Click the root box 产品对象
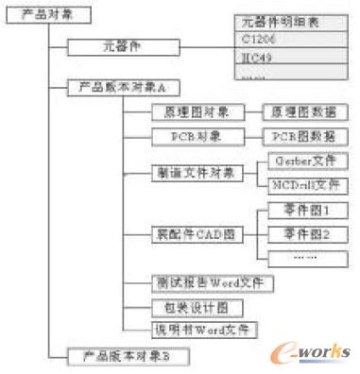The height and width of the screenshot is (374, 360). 43,14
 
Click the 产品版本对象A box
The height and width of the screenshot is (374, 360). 117,88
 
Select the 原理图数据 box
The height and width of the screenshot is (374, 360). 303,111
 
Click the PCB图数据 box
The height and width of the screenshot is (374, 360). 303,137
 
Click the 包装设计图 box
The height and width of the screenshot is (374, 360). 190,308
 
